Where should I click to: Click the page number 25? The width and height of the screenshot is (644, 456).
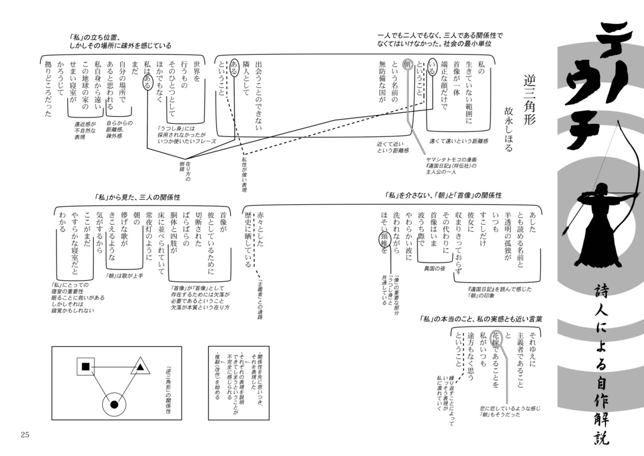pyautogui.click(x=25, y=435)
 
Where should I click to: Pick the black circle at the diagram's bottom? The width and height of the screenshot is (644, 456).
pyautogui.click(x=114, y=404)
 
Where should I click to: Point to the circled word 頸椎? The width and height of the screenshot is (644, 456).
pyautogui.click(x=383, y=242)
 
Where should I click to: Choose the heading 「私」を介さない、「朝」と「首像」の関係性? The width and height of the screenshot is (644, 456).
pyautogui.click(x=448, y=195)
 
